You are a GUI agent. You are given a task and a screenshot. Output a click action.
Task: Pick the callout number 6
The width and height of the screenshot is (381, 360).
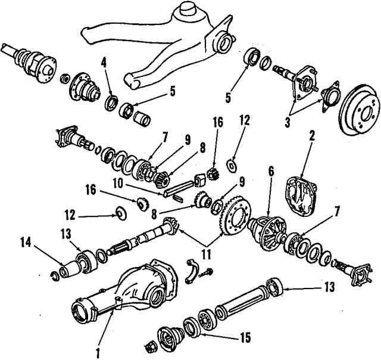270,170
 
